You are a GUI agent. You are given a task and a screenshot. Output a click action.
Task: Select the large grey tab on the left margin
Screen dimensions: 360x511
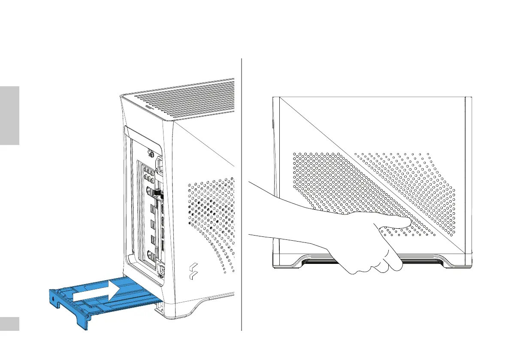pyautogui.click(x=9, y=115)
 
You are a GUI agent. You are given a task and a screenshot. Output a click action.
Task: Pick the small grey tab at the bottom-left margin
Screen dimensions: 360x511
pyautogui.click(x=9, y=324)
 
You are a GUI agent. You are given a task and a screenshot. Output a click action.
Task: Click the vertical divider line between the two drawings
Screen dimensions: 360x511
pyautogui.click(x=242, y=193)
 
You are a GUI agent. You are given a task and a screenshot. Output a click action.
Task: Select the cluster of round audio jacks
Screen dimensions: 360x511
pyautogui.click(x=150, y=173)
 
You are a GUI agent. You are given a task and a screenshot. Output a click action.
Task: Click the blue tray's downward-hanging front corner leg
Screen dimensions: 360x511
pyautogui.click(x=82, y=322)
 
